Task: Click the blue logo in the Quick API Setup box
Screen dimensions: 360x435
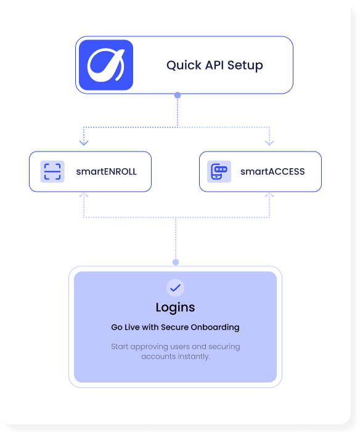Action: [x=106, y=65]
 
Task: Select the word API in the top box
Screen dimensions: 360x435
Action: [x=215, y=65]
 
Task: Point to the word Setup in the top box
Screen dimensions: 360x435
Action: [x=245, y=66]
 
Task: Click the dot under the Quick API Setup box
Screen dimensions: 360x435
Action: [x=178, y=96]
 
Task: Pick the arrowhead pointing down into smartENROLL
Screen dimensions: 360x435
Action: [x=84, y=142]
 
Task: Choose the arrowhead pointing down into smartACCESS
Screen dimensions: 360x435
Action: [x=269, y=142]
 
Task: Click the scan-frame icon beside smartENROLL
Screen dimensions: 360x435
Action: [x=52, y=171]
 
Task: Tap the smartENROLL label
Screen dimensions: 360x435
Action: [x=106, y=171]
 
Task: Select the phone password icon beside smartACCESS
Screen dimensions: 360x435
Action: [x=219, y=171]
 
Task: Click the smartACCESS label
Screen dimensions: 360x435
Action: [x=272, y=171]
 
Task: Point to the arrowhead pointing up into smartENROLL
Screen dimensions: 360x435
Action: [x=84, y=195]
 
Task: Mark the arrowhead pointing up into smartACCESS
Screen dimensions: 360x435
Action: [x=269, y=195]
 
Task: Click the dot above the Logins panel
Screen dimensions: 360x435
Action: [x=176, y=262]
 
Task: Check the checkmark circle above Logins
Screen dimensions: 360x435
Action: [x=176, y=288]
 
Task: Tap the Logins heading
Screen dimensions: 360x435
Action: [x=176, y=307]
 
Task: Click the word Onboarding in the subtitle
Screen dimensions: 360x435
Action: [x=215, y=327]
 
